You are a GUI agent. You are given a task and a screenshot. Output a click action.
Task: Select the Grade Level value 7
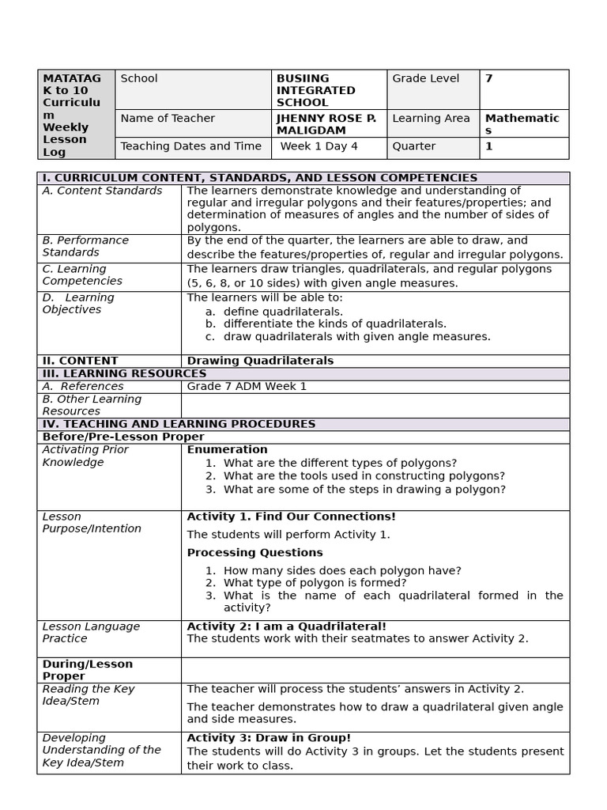click(x=489, y=78)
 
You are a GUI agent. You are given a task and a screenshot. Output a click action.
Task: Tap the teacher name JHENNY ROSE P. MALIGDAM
click(x=326, y=124)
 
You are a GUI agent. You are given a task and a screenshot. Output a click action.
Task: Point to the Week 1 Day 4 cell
click(x=319, y=146)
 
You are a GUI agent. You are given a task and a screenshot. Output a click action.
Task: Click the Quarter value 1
click(x=488, y=146)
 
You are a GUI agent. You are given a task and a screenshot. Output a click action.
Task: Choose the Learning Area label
click(x=431, y=119)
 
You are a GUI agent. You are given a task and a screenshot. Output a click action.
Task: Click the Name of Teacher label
click(x=168, y=119)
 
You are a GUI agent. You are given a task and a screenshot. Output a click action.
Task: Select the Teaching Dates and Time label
click(x=190, y=146)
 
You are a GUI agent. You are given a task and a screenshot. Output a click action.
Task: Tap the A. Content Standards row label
click(x=102, y=191)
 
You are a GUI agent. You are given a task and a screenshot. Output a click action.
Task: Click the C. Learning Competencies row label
click(x=82, y=274)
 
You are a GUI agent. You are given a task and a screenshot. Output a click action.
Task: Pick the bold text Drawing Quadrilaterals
click(x=260, y=361)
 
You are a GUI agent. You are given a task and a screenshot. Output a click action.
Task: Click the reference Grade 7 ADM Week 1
click(x=247, y=387)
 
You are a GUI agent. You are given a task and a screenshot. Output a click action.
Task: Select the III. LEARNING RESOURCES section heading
click(x=124, y=373)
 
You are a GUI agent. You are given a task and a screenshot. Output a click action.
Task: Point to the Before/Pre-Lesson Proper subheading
click(x=123, y=437)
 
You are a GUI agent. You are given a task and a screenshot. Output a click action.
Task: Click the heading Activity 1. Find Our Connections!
click(x=291, y=517)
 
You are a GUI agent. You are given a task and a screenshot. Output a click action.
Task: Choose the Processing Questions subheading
click(x=254, y=552)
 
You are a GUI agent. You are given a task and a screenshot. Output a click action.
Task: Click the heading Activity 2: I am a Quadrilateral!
click(x=286, y=626)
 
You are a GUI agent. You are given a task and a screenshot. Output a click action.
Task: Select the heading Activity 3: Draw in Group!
click(x=269, y=738)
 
